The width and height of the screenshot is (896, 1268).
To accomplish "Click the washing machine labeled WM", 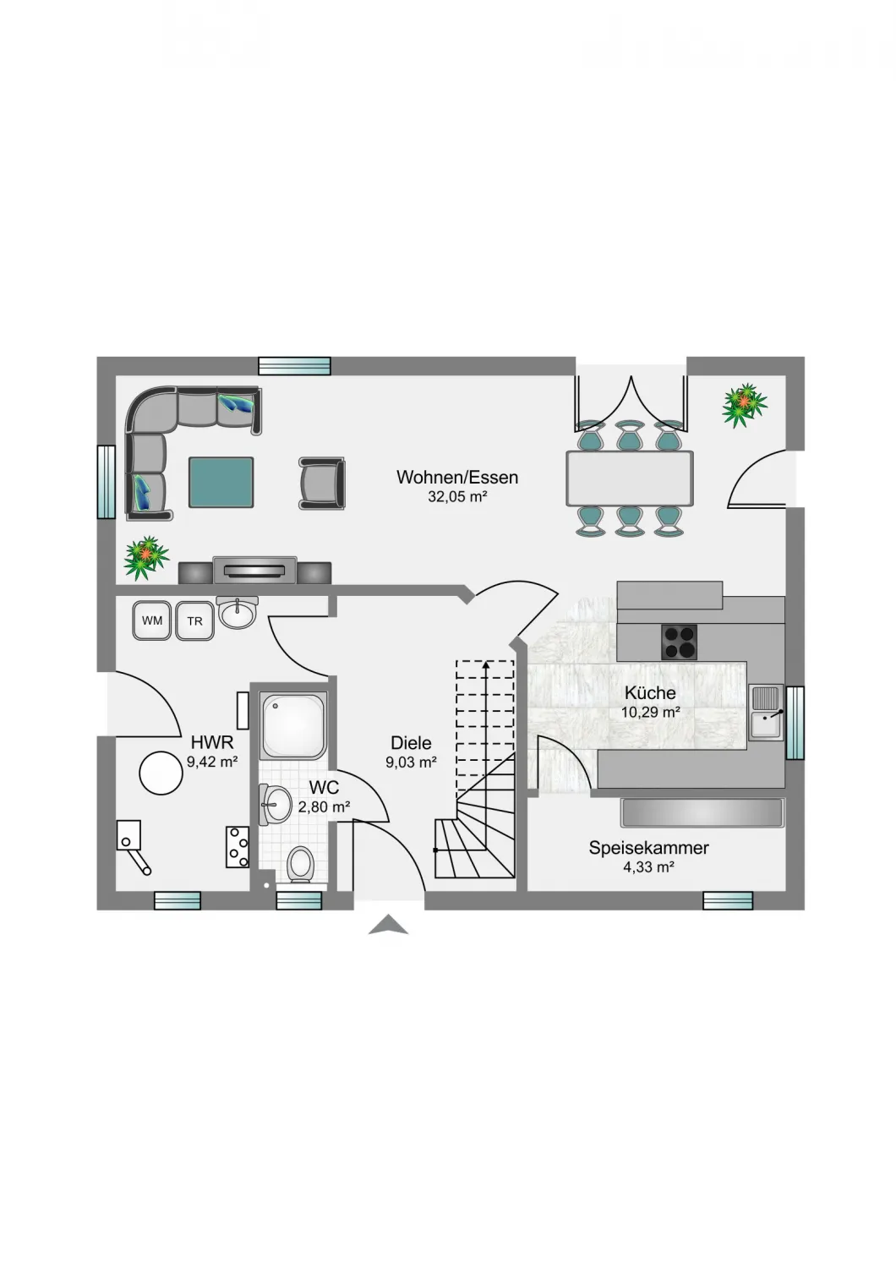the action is click(151, 620).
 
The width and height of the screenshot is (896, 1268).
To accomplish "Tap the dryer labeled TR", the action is click(194, 621).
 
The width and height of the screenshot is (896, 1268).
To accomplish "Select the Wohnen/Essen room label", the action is click(457, 478).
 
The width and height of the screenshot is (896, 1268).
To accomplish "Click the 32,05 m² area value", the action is click(458, 497).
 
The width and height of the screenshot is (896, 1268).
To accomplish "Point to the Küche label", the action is click(650, 692).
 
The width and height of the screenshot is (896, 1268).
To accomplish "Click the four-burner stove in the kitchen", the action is click(679, 642).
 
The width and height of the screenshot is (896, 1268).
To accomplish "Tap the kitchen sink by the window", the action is click(767, 712).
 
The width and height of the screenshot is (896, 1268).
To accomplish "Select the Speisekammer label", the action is click(648, 847).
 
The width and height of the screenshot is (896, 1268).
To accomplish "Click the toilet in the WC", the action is click(299, 865).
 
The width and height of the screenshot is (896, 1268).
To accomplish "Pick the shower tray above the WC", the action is click(294, 725).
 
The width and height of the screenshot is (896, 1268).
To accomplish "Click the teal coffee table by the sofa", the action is click(221, 483).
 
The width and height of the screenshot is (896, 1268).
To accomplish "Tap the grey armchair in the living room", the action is click(321, 483).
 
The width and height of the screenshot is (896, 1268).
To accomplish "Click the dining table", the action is click(630, 478).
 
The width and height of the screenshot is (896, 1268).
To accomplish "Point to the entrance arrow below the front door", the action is click(388, 925).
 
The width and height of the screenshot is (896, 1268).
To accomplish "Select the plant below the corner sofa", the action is click(146, 557).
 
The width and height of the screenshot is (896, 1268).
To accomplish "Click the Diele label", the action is click(411, 742).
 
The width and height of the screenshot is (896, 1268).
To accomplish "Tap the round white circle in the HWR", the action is click(161, 773).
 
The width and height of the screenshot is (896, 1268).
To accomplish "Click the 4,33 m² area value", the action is click(648, 867).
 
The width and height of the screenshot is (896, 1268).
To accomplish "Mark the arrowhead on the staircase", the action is click(486, 665).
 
